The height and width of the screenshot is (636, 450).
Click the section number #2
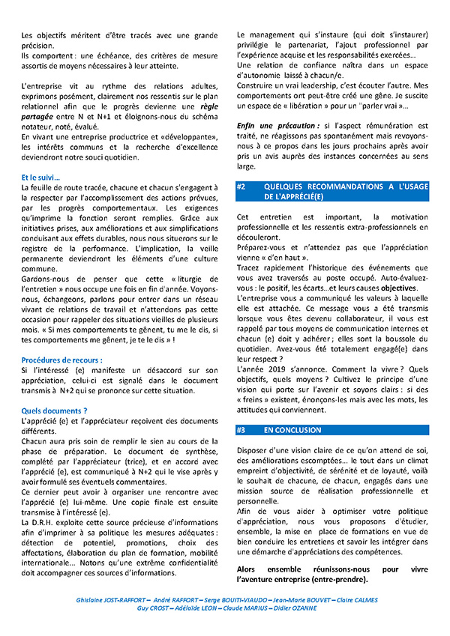click(242, 187)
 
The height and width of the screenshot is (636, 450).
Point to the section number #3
click(242, 431)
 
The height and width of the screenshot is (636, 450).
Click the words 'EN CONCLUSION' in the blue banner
click(292, 431)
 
